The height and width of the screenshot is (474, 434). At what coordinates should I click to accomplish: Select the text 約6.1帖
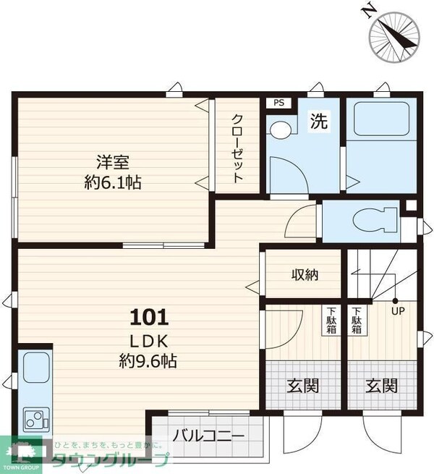pos(112,182)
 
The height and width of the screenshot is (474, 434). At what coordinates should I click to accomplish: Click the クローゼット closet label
pos(237,149)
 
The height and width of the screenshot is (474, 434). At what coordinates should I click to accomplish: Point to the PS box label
pos(278,103)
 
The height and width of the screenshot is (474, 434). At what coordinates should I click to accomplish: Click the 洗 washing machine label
pos(318,122)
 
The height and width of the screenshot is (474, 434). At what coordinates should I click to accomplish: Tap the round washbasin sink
pos(279,130)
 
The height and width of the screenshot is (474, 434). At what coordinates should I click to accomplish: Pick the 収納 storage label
pos(305,274)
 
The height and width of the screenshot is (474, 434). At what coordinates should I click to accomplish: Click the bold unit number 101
pos(149,317)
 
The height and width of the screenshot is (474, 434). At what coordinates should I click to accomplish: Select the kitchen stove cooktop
pos(33,418)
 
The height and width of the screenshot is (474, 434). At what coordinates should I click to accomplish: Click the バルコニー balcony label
pos(208,436)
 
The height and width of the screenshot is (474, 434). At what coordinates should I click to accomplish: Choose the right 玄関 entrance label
pos(381,386)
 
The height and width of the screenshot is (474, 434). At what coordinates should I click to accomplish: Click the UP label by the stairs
pos(397,311)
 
